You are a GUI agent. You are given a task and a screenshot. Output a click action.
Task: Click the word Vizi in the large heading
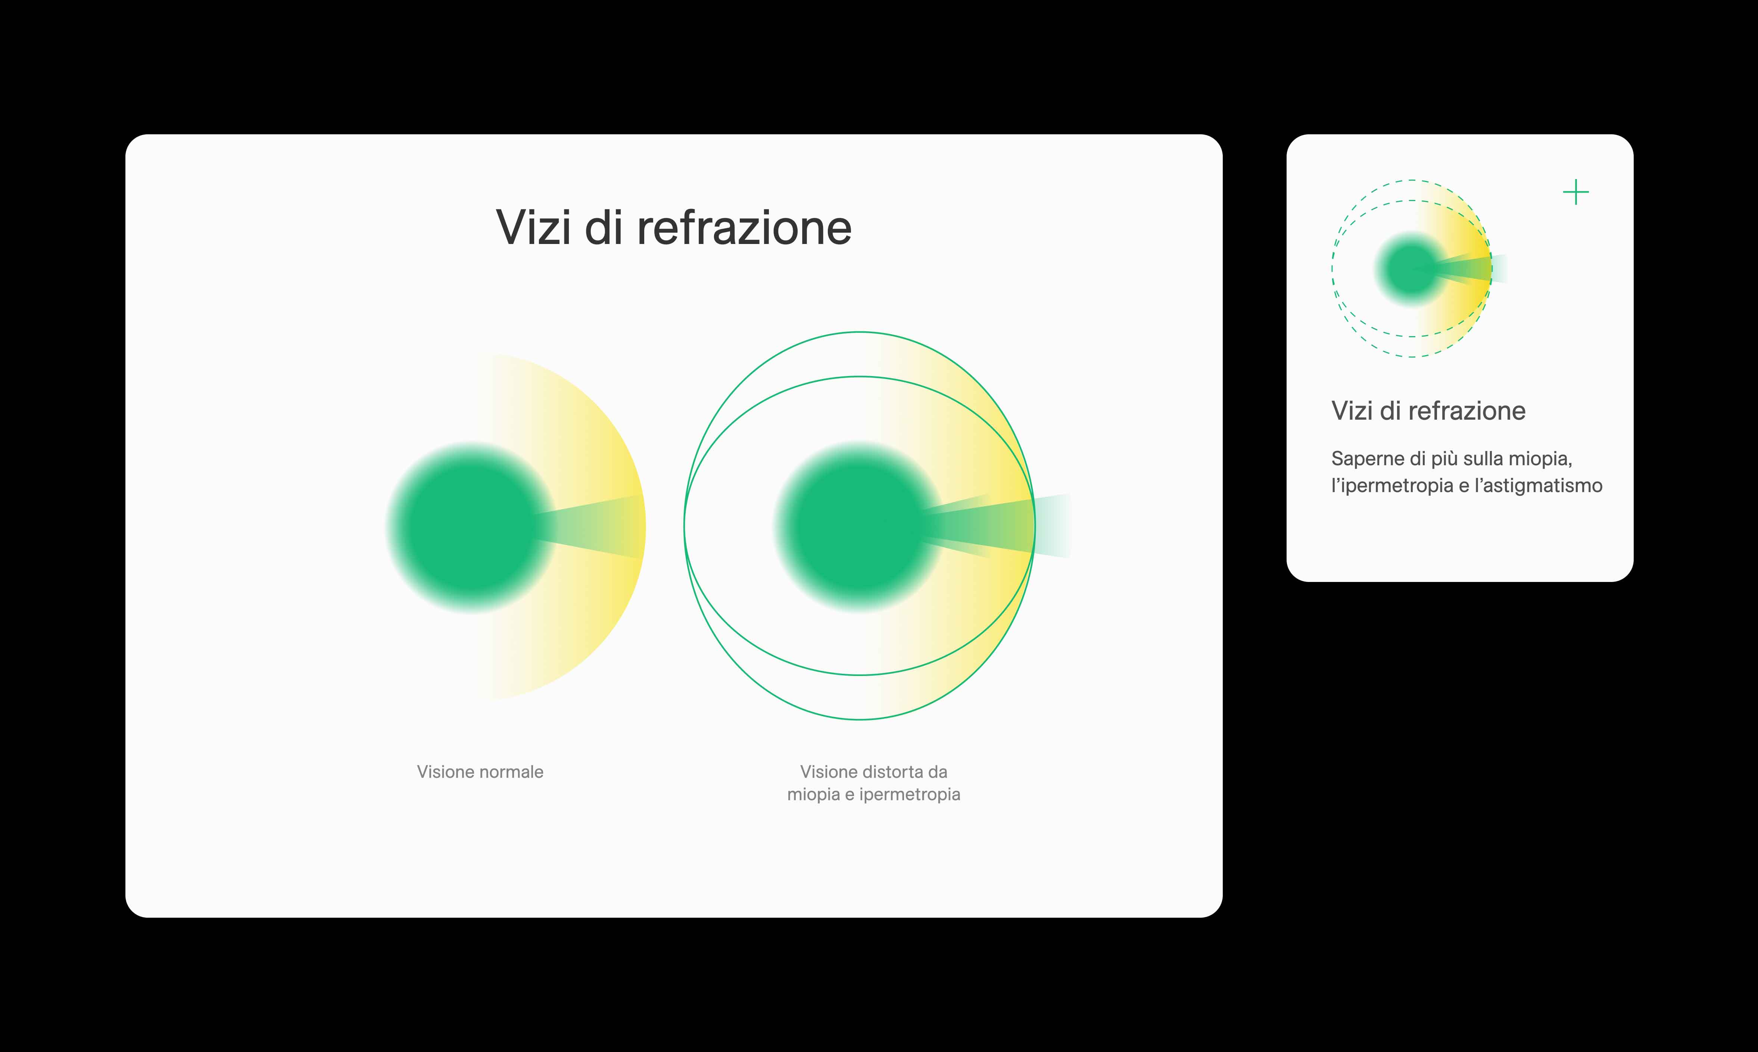click(x=533, y=228)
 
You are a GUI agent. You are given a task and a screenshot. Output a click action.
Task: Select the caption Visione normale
click(x=480, y=772)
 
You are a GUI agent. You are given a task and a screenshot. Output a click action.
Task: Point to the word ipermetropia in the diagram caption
click(x=910, y=795)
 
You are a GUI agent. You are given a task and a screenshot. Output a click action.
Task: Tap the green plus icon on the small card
click(x=1576, y=192)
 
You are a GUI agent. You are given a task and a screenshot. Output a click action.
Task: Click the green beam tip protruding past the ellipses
click(x=1053, y=526)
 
